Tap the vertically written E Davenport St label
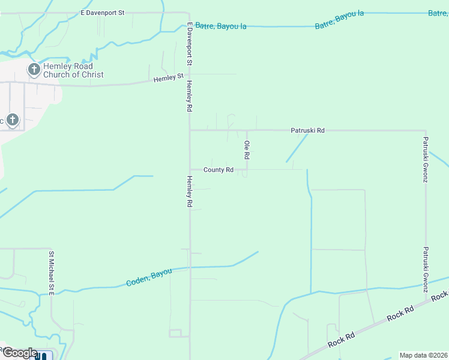[189, 44]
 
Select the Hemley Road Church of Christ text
[73, 70]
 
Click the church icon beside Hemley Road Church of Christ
[34, 70]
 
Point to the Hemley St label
[168, 78]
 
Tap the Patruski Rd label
[307, 130]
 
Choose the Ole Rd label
[247, 150]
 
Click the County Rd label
[218, 170]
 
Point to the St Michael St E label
[52, 274]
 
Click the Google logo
[19, 353]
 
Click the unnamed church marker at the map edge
[12, 119]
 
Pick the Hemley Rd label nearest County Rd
[189, 192]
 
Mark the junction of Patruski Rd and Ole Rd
[247, 130]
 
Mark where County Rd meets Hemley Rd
[190, 170]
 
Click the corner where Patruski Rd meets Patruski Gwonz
[426, 130]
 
